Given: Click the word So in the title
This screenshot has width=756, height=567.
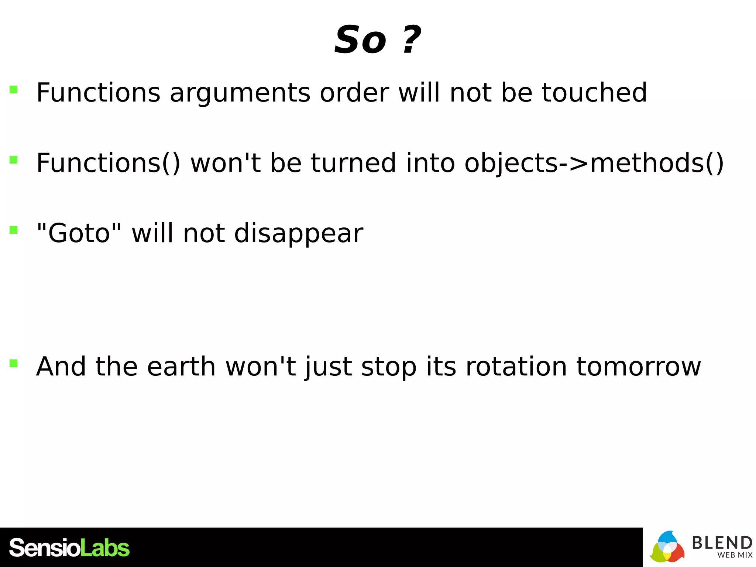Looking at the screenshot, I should (360, 40).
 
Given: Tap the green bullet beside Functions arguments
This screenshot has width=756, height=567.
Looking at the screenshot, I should (14, 89).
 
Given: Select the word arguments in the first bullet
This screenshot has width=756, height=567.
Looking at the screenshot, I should (240, 93).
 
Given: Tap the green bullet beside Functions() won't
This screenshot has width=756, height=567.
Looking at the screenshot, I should (14, 159).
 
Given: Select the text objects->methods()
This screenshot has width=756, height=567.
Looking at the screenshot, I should (594, 164).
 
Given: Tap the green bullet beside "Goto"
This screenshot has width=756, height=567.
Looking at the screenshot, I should (14, 230).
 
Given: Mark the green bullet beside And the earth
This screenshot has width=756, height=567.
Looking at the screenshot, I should (14, 363).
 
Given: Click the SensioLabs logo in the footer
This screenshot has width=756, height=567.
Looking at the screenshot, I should (69, 548).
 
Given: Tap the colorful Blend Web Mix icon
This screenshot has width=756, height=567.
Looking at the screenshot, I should (667, 547).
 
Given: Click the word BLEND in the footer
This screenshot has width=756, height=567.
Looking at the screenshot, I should (722, 543).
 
